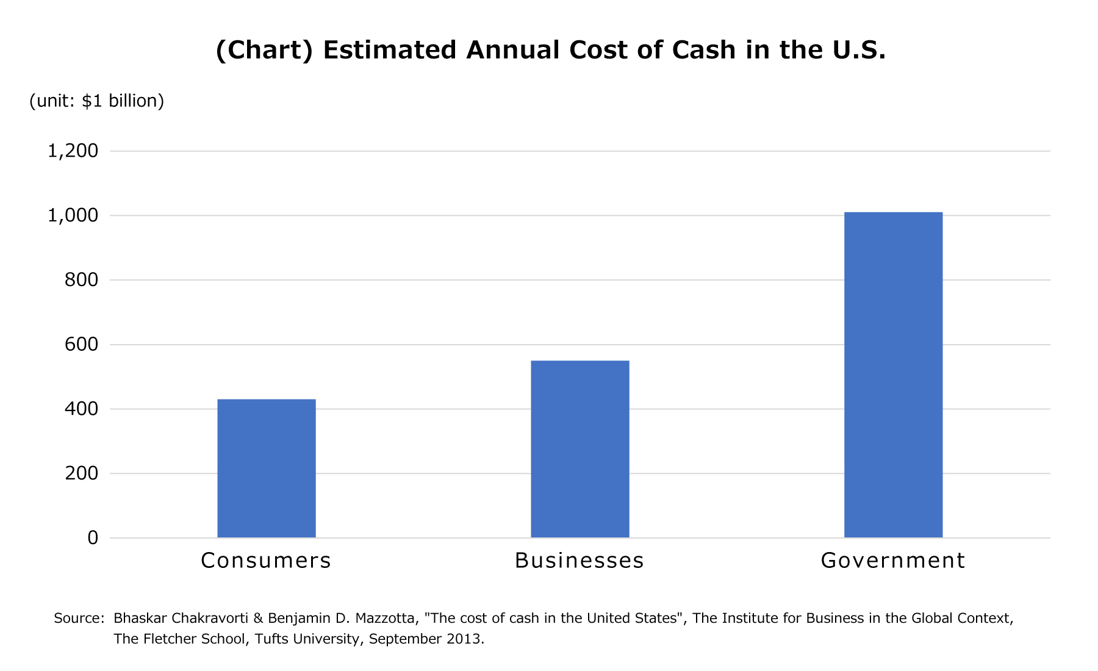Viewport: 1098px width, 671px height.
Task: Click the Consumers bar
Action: [x=267, y=468]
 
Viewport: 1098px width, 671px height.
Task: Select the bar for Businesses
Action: [x=579, y=449]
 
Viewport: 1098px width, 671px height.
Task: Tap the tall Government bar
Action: [x=893, y=375]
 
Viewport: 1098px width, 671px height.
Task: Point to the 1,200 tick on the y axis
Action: [x=73, y=151]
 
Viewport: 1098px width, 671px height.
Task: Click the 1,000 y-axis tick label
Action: [x=73, y=215]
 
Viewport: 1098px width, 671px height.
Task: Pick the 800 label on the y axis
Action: [x=81, y=280]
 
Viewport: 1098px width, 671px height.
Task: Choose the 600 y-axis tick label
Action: [x=81, y=345]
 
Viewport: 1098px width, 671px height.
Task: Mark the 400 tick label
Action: [x=81, y=409]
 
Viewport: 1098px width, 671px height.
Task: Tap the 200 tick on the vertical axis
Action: [x=81, y=473]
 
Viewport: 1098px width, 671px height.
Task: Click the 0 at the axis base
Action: [x=93, y=537]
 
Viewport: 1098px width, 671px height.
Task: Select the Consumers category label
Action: [x=266, y=560]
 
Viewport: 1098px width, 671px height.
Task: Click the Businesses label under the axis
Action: [x=579, y=560]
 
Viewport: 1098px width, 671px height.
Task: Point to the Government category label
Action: [x=893, y=560]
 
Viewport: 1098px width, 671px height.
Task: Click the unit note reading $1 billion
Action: [x=122, y=101]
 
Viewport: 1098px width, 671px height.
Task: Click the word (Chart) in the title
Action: [x=264, y=50]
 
